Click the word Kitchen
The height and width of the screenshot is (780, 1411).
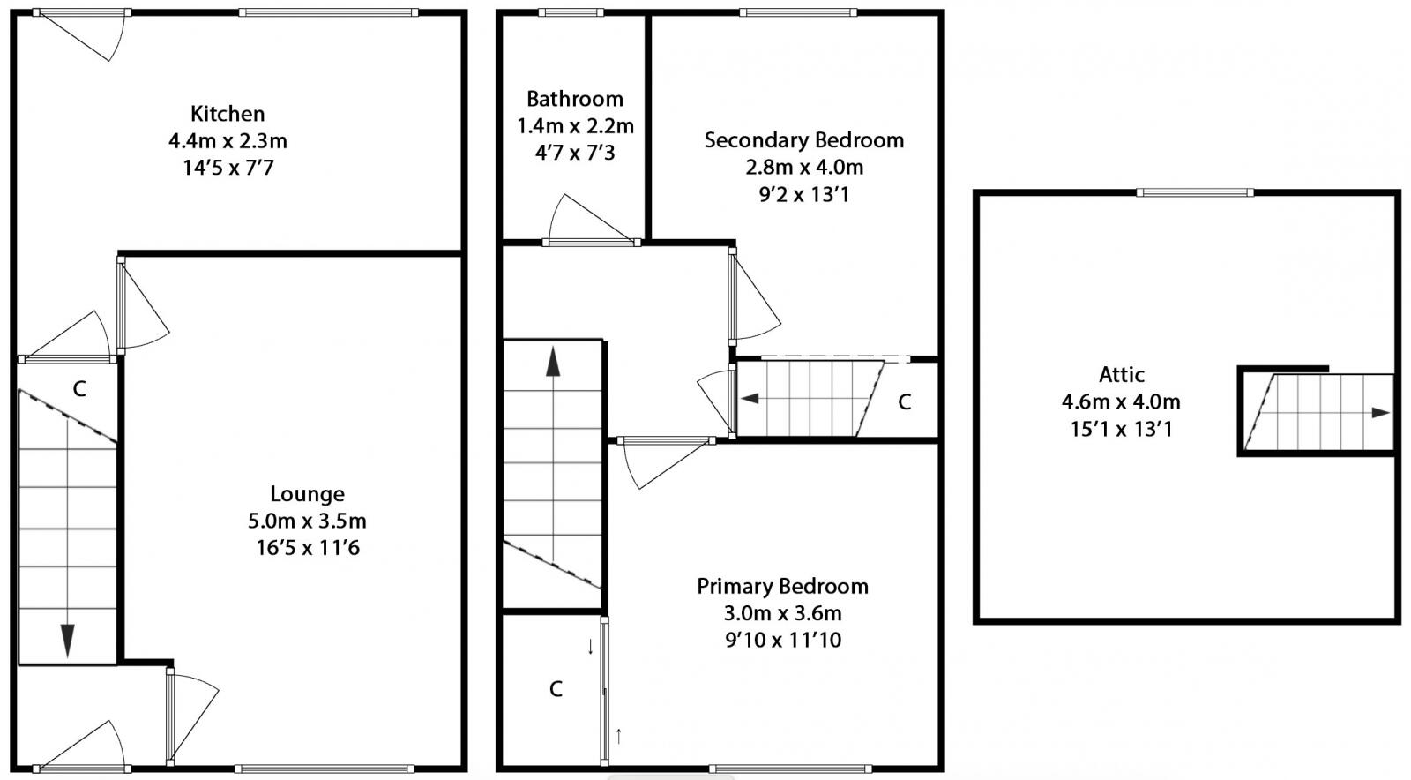(x=228, y=114)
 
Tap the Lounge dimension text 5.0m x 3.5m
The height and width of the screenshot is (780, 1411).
(x=307, y=521)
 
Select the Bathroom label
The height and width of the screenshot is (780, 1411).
(x=574, y=99)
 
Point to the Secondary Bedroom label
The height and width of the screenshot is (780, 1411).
(x=803, y=140)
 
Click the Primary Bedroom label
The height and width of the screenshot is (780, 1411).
(x=782, y=587)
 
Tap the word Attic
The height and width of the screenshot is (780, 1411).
(x=1121, y=375)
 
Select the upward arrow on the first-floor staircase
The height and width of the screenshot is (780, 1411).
(x=553, y=362)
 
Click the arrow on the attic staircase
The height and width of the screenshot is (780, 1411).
(x=1379, y=413)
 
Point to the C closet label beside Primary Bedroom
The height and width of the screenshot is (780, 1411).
(x=556, y=689)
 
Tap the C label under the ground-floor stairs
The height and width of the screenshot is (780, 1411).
(x=79, y=389)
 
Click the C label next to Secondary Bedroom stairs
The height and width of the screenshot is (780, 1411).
(x=904, y=402)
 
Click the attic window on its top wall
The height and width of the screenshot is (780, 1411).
(x=1194, y=192)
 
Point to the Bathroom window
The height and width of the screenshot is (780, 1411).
(x=571, y=12)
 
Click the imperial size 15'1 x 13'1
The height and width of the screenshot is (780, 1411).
(x=1121, y=430)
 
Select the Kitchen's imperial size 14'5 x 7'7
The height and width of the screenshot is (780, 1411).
(x=228, y=168)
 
